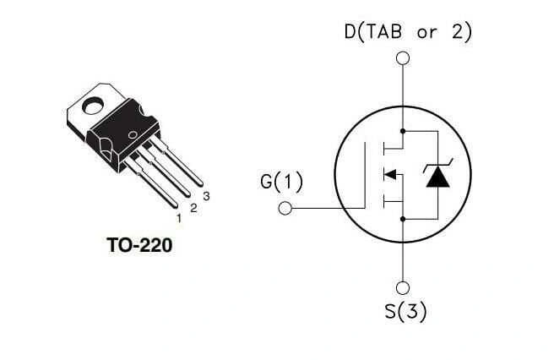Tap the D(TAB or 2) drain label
pos(408,32)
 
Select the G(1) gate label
pos(282,182)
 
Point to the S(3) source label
pos(405,310)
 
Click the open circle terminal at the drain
pos(403,58)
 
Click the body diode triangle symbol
pos(437,176)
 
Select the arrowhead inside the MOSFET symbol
pos(390,175)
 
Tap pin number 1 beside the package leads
pos(178,218)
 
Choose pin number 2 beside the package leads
pos(193,208)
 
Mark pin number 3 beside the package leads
pos(206,197)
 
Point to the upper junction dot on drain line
pos(403,131)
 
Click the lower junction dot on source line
pos(403,218)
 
